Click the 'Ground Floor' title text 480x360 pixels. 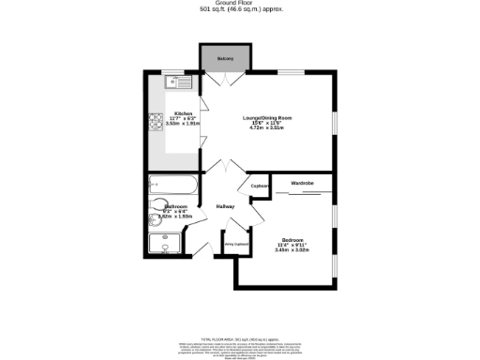pyautogui.click(x=240, y=4)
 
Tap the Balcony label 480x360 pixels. pyautogui.click(x=225, y=59)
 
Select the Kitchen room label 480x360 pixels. pyautogui.click(x=183, y=113)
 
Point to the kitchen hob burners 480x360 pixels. pyautogui.click(x=156, y=122)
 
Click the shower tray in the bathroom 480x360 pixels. pyautogui.click(x=169, y=246)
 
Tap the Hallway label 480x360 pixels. pyautogui.click(x=225, y=206)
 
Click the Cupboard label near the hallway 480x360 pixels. pyautogui.click(x=261, y=186)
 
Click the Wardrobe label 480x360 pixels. pyautogui.click(x=302, y=182)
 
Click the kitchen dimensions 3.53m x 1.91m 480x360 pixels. pyautogui.click(x=183, y=123)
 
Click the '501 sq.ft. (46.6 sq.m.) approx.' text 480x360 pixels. pyautogui.click(x=240, y=10)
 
